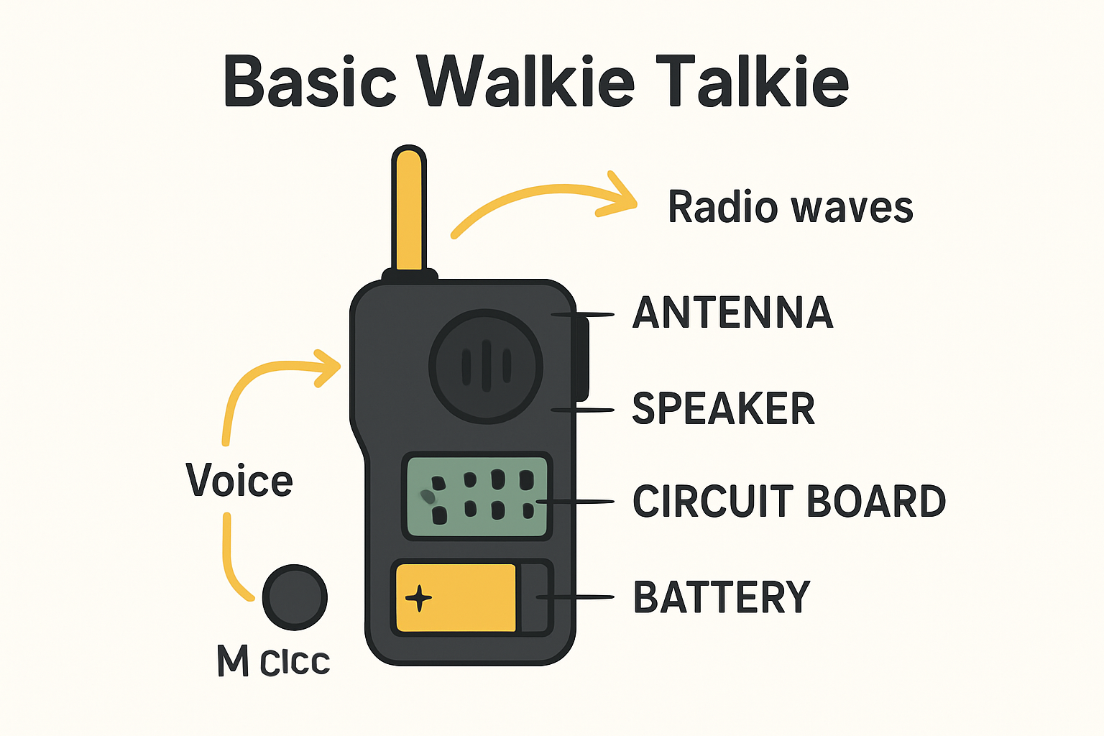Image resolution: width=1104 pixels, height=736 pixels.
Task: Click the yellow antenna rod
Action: (409, 208)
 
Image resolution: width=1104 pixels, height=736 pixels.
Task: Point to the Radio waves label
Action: (790, 208)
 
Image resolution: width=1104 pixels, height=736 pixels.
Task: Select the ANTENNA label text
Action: (732, 313)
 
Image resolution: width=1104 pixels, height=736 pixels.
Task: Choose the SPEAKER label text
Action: (723, 408)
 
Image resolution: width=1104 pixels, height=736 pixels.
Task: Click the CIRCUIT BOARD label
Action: (788, 501)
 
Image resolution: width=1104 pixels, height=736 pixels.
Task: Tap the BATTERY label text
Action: (721, 597)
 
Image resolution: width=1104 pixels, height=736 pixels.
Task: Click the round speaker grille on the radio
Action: (486, 366)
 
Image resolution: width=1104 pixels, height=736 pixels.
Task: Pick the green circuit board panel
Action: (477, 497)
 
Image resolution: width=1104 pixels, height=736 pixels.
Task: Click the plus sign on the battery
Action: (418, 598)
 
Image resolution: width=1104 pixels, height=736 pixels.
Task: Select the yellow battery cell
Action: (456, 598)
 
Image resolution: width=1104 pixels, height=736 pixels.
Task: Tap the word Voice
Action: (239, 480)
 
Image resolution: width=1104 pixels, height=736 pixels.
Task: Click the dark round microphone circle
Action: (295, 597)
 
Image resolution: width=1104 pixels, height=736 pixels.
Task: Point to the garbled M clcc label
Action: (273, 661)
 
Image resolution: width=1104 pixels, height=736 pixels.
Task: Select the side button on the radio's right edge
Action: (581, 359)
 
